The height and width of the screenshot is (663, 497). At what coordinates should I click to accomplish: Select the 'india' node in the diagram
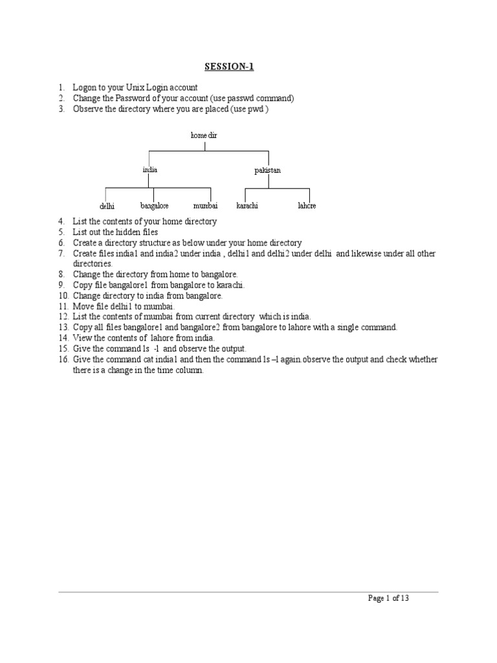pos(150,170)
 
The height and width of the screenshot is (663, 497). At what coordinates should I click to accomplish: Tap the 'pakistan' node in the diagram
pos(267,170)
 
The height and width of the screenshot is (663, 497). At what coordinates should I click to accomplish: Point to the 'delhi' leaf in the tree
pos(107,206)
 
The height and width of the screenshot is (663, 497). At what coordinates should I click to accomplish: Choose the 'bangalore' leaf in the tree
pos(154,205)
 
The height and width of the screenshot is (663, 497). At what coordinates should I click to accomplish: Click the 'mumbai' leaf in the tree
pos(205,205)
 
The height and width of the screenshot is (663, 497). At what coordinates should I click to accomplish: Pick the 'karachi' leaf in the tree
pos(247,205)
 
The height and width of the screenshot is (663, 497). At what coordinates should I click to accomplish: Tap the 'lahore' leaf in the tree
pos(307,205)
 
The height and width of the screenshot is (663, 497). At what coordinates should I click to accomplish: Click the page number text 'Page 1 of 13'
pos(388,598)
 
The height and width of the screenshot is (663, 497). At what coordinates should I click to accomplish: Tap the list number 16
pos(62,359)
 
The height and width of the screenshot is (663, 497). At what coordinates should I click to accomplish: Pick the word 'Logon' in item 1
pos(84,87)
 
